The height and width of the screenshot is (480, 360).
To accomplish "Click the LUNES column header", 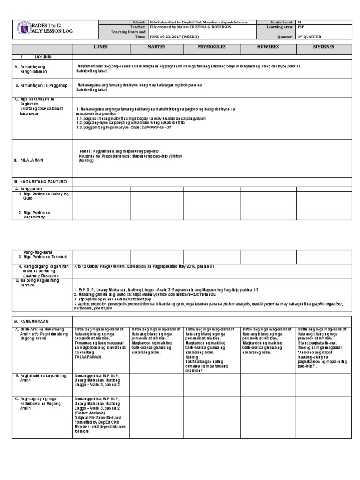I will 100,48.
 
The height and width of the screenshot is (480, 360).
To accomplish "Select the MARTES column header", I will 156,48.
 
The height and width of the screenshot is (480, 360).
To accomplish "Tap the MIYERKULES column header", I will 212,48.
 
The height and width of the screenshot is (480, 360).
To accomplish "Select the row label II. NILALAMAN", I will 29,160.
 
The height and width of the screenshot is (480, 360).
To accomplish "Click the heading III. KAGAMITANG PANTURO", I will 40,181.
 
